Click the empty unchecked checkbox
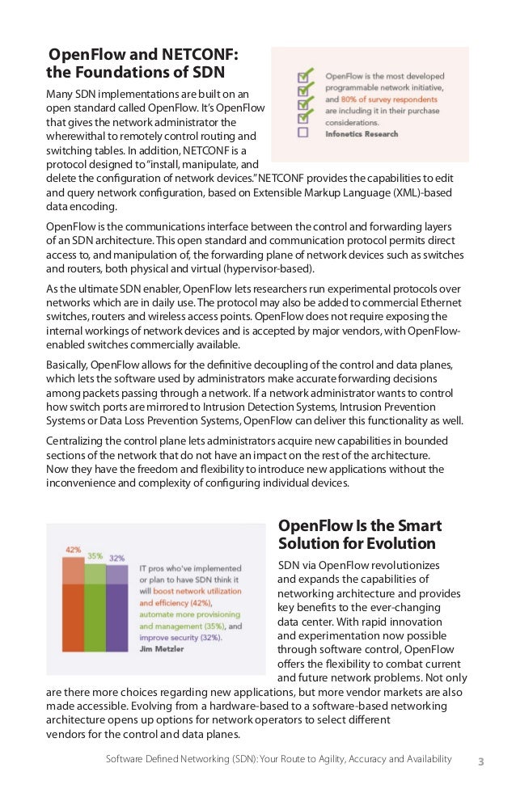[302, 133]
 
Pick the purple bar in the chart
[116, 614]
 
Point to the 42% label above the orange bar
[73, 550]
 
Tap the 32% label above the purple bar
[117, 558]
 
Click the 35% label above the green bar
[95, 555]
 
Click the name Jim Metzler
[162, 649]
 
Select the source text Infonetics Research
[363, 134]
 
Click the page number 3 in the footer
[481, 761]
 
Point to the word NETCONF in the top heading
[200, 55]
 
